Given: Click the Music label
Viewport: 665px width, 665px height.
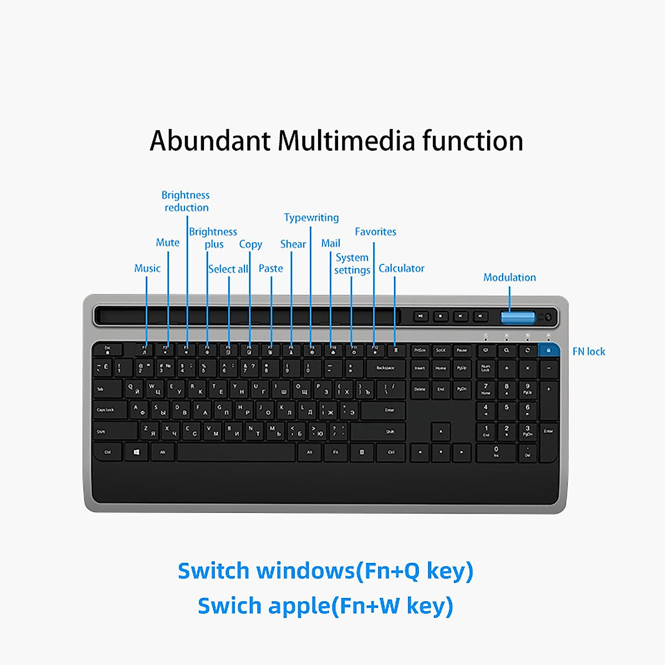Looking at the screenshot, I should tap(147, 268).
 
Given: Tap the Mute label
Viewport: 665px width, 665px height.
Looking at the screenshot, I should tap(167, 242).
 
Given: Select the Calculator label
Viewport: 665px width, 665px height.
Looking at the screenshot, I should tap(401, 268).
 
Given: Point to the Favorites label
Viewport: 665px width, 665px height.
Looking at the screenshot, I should tap(375, 232).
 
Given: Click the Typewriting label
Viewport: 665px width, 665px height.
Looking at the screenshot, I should tap(311, 217).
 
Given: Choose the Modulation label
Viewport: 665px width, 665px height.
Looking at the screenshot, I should tap(509, 277).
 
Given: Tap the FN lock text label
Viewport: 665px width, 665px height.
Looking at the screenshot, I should tap(589, 351).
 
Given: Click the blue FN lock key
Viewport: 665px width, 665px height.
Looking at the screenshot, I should tap(548, 350).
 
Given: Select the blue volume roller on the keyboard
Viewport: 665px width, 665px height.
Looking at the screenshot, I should tap(518, 318).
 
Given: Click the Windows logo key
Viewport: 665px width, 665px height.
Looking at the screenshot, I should tap(136, 452).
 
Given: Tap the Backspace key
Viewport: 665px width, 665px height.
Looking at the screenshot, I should tap(385, 368).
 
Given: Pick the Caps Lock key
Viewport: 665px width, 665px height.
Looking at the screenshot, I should tap(106, 410).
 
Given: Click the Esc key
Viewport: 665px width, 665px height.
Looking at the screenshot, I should tap(108, 349).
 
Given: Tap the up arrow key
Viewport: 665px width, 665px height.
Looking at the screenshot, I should tap(441, 431).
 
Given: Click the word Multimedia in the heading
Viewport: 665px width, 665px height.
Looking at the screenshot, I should tap(346, 141).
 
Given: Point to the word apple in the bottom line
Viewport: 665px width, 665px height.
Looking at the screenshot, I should tap(299, 606).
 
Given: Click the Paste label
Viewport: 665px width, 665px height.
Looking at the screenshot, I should tap(270, 268).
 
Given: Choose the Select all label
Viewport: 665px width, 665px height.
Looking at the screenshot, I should tap(228, 269).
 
